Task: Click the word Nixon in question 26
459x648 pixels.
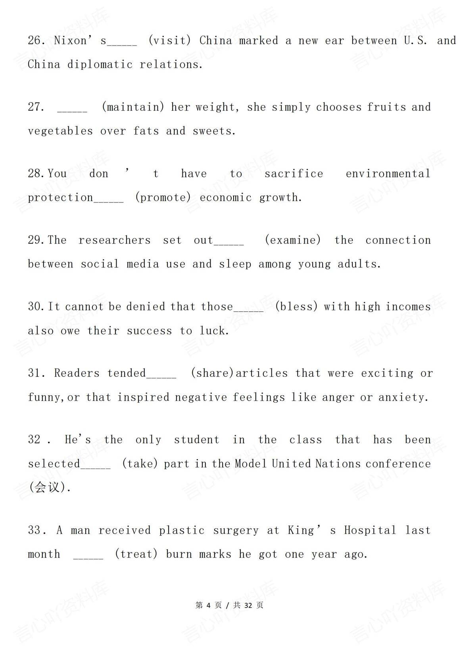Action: [70, 40]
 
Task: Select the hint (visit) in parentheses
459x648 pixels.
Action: [170, 40]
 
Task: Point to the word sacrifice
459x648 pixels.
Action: [294, 173]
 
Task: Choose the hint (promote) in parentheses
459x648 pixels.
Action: [163, 197]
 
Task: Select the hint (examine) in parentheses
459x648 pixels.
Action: [293, 240]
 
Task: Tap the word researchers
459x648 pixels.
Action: [114, 240]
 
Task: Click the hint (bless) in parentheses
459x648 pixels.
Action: [296, 307]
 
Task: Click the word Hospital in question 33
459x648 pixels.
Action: [370, 530]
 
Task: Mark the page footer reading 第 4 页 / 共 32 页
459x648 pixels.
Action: [229, 605]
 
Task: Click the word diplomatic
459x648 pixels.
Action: [100, 65]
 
